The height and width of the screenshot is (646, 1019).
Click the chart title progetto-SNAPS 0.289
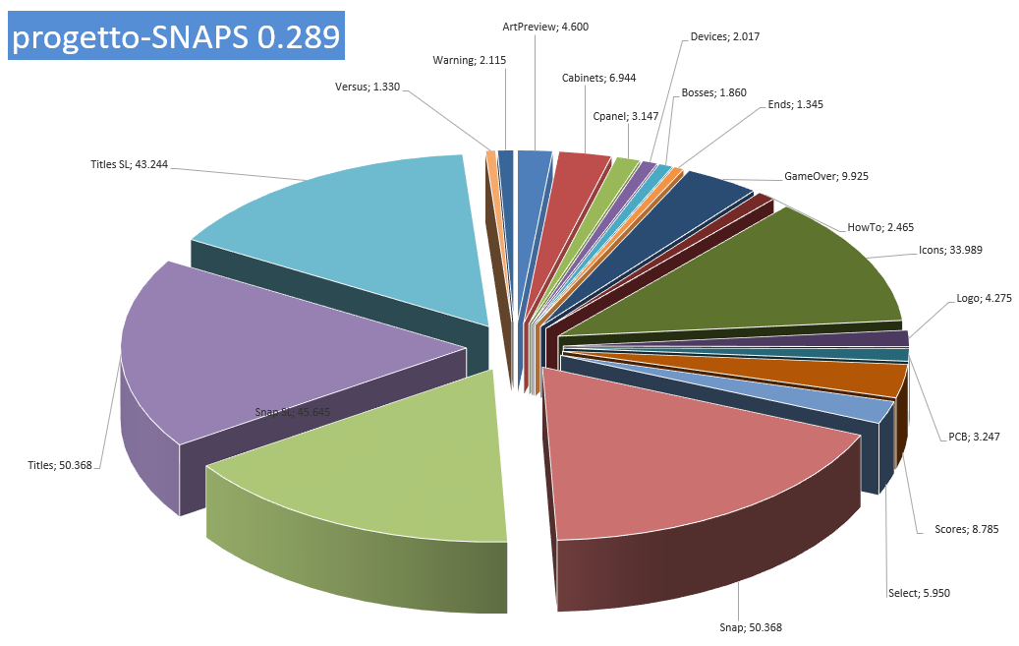(176, 36)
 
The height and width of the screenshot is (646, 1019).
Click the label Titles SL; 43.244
(130, 164)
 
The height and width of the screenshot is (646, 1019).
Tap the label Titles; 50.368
(60, 465)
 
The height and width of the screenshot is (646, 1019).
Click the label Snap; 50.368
(751, 627)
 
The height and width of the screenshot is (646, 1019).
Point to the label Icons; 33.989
(950, 250)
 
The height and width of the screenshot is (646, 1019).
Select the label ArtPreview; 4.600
(545, 27)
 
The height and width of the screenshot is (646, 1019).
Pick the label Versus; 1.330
(368, 87)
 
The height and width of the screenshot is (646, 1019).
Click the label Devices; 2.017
(724, 36)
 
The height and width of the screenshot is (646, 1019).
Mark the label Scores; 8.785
(966, 529)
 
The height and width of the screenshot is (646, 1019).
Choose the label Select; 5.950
(919, 593)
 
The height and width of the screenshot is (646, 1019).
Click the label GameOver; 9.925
(826, 176)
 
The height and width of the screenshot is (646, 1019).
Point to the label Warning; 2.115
(469, 61)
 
